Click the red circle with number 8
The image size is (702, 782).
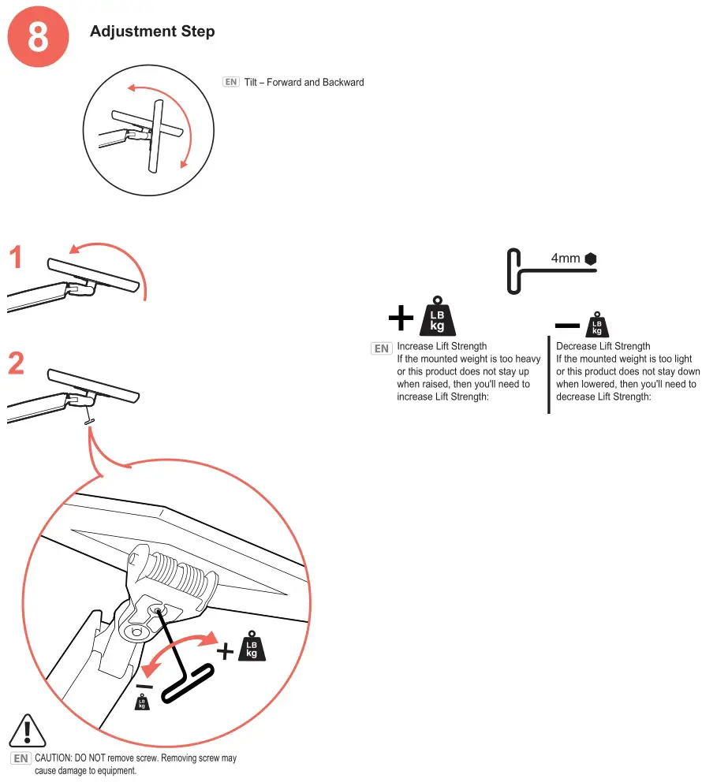(x=39, y=38)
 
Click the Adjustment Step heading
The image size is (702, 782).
(x=152, y=32)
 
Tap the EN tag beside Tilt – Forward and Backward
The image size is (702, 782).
(x=230, y=82)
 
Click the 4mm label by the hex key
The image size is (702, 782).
(x=566, y=259)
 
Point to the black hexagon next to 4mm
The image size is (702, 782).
(x=591, y=259)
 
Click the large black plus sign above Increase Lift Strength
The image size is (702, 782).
(x=401, y=318)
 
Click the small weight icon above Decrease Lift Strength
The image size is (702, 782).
(x=597, y=324)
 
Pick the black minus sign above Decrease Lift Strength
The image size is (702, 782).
(x=568, y=325)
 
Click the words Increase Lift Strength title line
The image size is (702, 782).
(x=442, y=346)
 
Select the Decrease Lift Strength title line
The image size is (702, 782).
(x=603, y=346)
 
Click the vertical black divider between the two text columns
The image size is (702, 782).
(x=548, y=375)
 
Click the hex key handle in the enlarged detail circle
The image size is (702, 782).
(x=189, y=683)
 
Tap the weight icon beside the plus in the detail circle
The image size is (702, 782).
(x=252, y=646)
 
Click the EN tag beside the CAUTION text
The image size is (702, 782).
(x=21, y=758)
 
